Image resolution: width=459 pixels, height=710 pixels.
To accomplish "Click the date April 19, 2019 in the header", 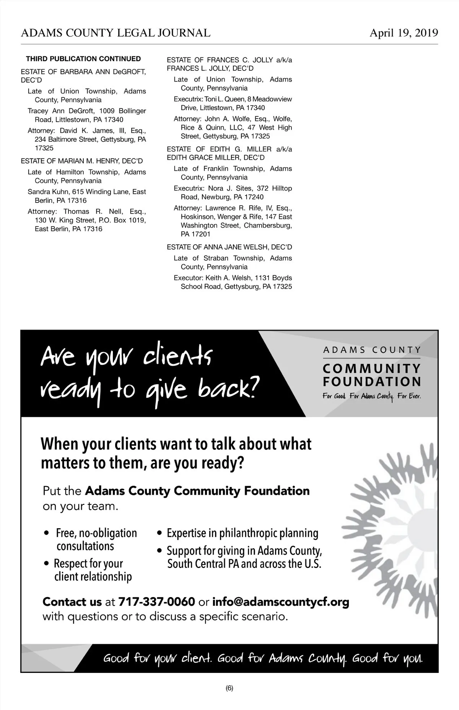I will pos(404,33).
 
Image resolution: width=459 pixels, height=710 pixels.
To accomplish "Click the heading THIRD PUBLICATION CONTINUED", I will pos(83,59).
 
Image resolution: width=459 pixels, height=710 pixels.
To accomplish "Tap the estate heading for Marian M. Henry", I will pos(82,161).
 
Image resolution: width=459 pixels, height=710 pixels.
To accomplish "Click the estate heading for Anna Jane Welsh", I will pos(229,247).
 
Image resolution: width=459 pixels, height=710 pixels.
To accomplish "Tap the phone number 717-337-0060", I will pos(157,602).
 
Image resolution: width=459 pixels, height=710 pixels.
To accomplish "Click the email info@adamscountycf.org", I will pos(280,602).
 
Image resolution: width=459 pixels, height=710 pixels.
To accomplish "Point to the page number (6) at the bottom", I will pos(229,688).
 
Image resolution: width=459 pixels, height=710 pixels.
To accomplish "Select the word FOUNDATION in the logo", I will pos(372,382).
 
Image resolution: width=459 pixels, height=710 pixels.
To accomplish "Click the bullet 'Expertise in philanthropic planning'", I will pos(243,533).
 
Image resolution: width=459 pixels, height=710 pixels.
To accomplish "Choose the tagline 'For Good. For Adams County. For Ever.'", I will pos(371,396).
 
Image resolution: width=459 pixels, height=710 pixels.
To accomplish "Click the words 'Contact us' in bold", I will pos(72,602).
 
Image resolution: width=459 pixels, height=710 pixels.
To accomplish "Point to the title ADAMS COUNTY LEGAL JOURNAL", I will pos(116,33).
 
